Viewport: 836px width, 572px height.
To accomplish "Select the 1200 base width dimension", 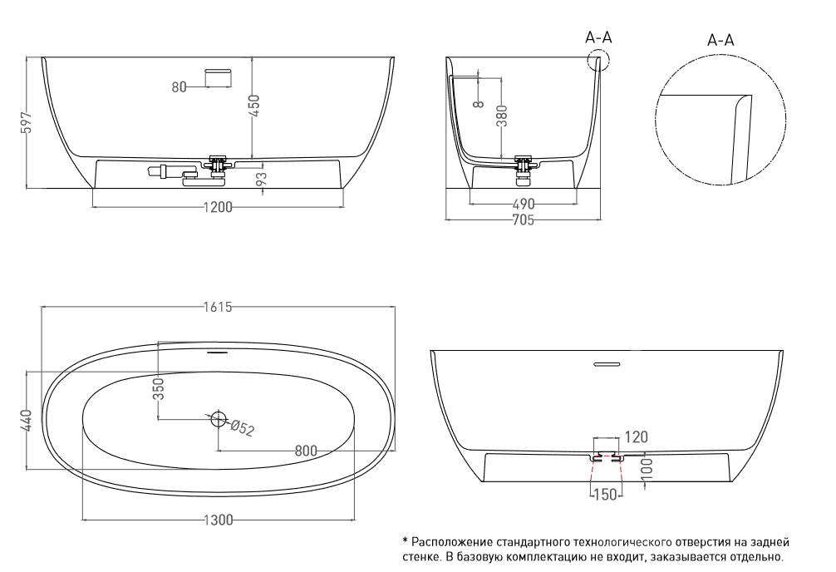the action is pos(218,207).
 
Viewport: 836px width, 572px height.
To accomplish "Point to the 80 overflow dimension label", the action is pos(179,86).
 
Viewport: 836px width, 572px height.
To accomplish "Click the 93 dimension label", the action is pos(261,179).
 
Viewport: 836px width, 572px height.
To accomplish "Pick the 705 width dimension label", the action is pos(523,219).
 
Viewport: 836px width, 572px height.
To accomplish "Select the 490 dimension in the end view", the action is pos(523,205).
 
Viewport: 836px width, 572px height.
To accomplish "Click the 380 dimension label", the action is pos(501,116).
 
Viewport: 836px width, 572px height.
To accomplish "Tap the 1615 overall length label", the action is pos(218,307).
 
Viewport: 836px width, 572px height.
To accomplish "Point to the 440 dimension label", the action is pos(28,421).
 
